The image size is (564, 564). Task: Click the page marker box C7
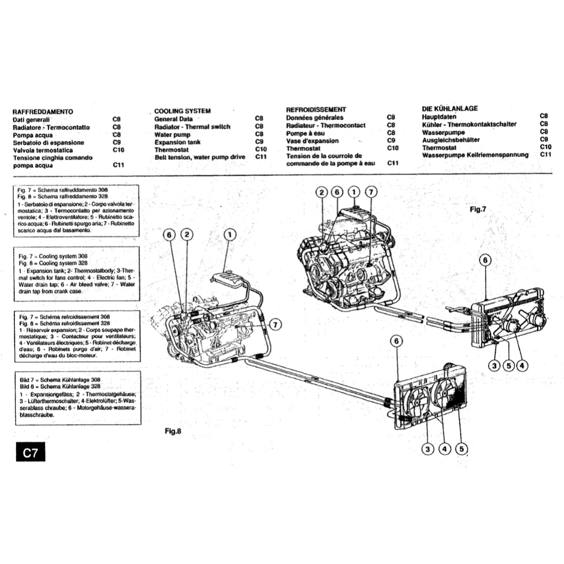click(x=29, y=453)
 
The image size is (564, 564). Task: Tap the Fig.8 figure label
click(x=173, y=431)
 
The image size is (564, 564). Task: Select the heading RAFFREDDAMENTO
click(x=42, y=112)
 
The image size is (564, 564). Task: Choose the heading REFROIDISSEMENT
click(x=316, y=110)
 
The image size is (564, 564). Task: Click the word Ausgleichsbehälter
click(x=451, y=140)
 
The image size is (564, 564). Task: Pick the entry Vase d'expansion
click(x=312, y=141)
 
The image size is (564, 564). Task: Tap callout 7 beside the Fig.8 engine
click(x=275, y=323)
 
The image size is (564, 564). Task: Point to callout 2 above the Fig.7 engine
click(x=321, y=192)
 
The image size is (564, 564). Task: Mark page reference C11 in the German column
click(x=545, y=155)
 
